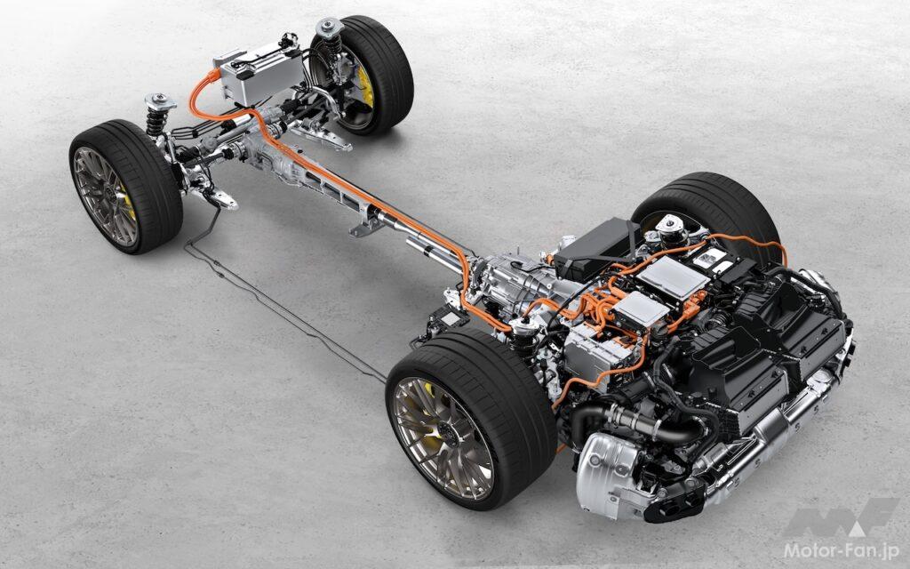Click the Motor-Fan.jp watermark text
[841, 550]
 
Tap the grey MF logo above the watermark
[841, 517]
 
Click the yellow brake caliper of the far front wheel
[364, 86]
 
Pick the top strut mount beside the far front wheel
[329, 28]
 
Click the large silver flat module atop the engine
[672, 277]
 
